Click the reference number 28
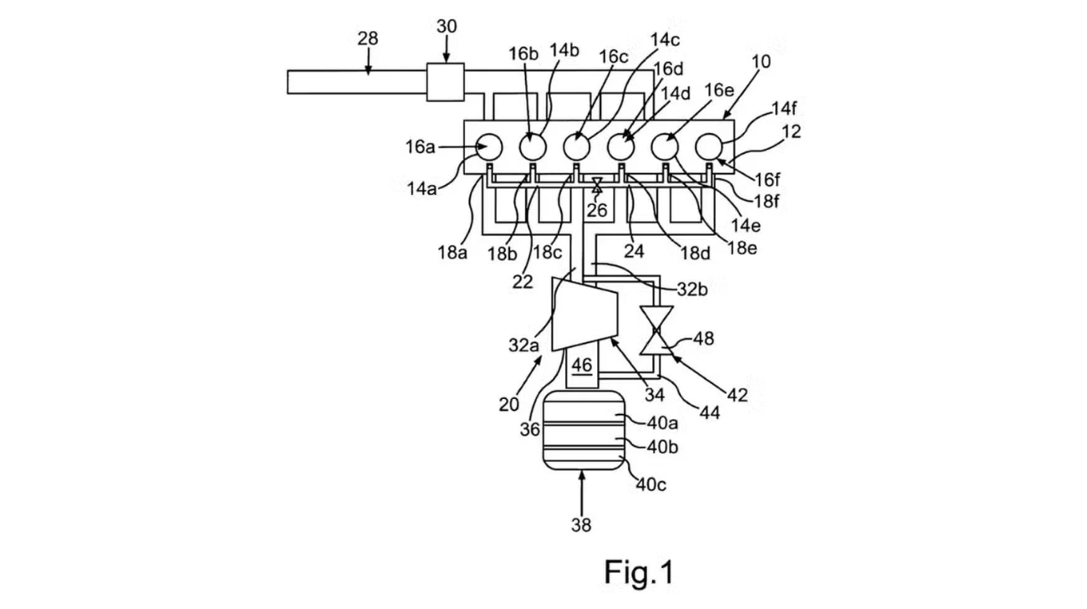(x=367, y=38)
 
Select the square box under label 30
(x=445, y=82)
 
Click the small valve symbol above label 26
(x=596, y=185)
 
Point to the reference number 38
(x=581, y=525)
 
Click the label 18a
(x=452, y=251)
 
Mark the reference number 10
(x=761, y=61)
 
